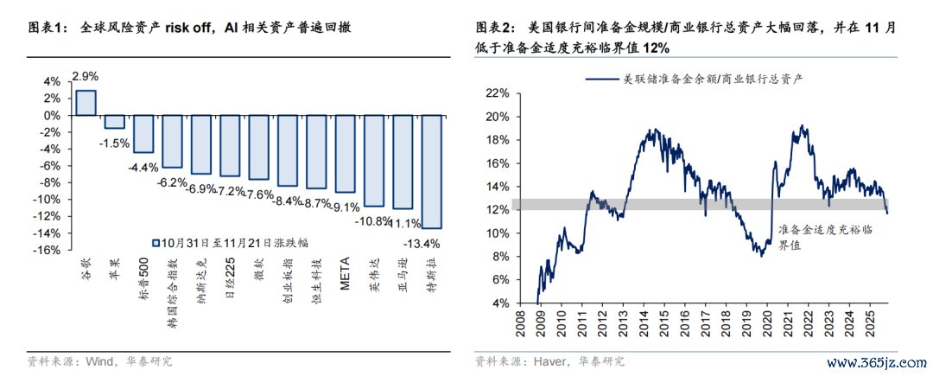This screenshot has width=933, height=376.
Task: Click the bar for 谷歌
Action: [86, 102]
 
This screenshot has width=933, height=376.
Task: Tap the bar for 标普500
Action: [143, 133]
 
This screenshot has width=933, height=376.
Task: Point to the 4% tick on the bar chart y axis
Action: [51, 81]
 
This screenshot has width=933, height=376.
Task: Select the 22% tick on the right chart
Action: [495, 92]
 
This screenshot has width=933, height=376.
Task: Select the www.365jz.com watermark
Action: [876, 360]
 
